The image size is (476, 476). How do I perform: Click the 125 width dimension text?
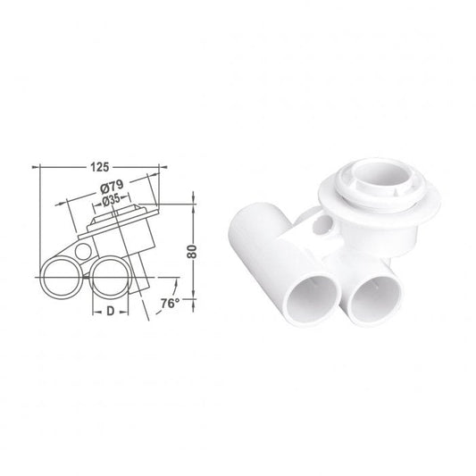[98, 165]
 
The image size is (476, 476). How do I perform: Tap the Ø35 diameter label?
[111, 200]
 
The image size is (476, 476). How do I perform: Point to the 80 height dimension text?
[189, 253]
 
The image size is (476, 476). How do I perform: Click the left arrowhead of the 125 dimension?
[38, 166]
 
